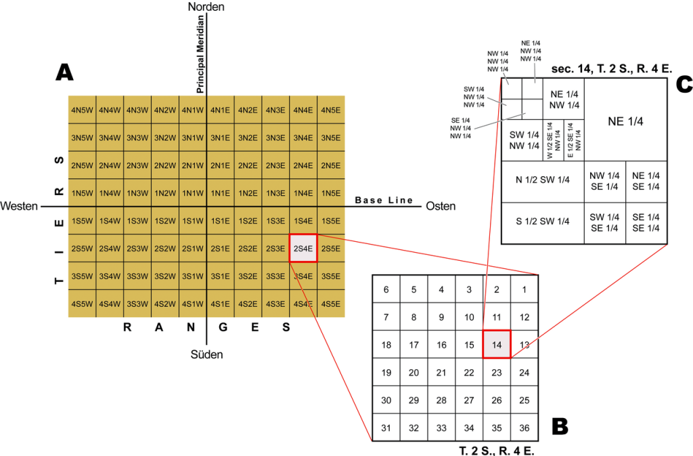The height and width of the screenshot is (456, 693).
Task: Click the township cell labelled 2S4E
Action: (303, 248)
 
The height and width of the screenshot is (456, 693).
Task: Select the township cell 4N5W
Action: (82, 110)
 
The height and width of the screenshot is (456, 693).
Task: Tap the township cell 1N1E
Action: (220, 192)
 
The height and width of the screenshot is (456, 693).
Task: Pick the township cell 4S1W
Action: (192, 303)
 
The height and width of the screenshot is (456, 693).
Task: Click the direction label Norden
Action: (206, 7)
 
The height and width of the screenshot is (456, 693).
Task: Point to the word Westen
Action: (20, 206)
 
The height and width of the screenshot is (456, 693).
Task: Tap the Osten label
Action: (441, 206)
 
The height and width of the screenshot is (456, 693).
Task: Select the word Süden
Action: (206, 354)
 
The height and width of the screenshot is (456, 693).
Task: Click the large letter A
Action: (64, 72)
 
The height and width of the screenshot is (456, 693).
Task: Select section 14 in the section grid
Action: (496, 345)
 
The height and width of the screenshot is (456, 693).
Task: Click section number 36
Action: (524, 428)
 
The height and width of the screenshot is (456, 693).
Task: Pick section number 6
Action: (386, 289)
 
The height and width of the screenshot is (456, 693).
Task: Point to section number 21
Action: (441, 373)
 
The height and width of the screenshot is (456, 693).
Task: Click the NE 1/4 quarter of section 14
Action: (625, 121)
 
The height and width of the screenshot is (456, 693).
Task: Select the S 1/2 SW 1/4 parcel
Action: (543, 221)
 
